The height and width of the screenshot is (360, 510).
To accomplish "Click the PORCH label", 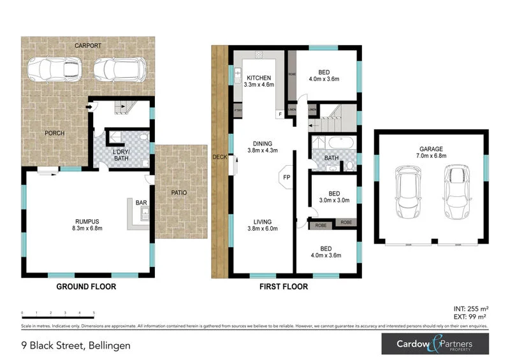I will [55, 133].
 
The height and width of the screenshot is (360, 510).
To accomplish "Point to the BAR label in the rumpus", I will [142, 203].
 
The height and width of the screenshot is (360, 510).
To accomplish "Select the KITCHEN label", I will [259, 78].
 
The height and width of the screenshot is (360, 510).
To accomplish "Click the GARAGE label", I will [430, 148].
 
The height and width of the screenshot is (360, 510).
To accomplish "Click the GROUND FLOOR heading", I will [86, 287].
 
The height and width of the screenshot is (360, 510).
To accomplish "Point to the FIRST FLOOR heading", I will [283, 287].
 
